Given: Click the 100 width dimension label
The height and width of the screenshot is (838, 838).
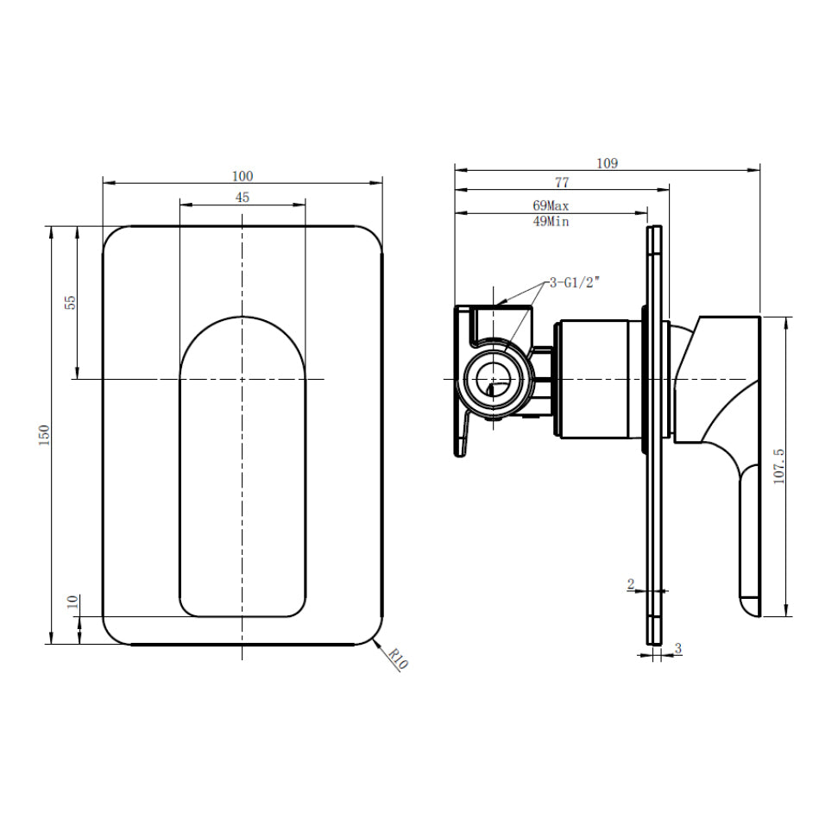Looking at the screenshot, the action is [243, 176].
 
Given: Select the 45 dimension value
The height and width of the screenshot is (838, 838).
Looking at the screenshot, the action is [243, 198].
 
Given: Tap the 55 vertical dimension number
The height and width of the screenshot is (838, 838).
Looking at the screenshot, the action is [70, 303].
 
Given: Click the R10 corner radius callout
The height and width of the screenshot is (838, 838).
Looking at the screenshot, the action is [398, 659].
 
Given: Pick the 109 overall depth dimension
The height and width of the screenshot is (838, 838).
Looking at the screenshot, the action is [607, 163].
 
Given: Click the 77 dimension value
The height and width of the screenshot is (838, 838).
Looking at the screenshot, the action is [562, 182].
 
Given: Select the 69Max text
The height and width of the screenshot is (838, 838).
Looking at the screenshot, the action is [551, 205].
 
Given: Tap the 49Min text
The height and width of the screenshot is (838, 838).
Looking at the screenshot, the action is [551, 221].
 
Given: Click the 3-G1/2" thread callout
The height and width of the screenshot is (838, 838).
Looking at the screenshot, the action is [572, 283].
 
